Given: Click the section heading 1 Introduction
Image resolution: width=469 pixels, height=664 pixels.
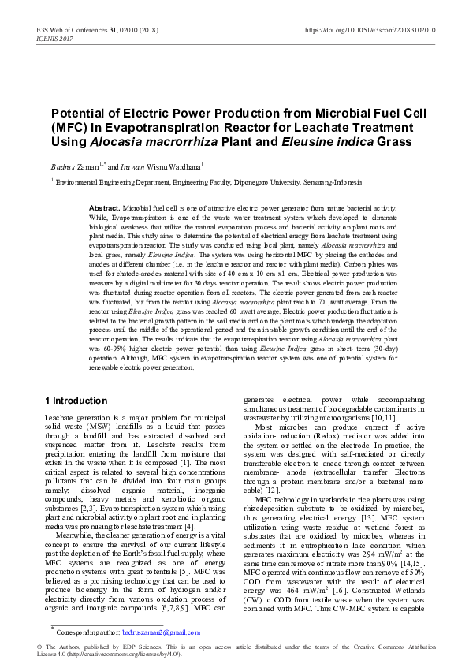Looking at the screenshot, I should pyautogui.click(x=76, y=401).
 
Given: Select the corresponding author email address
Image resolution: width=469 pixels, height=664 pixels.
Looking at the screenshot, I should pyautogui.click(x=162, y=632).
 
